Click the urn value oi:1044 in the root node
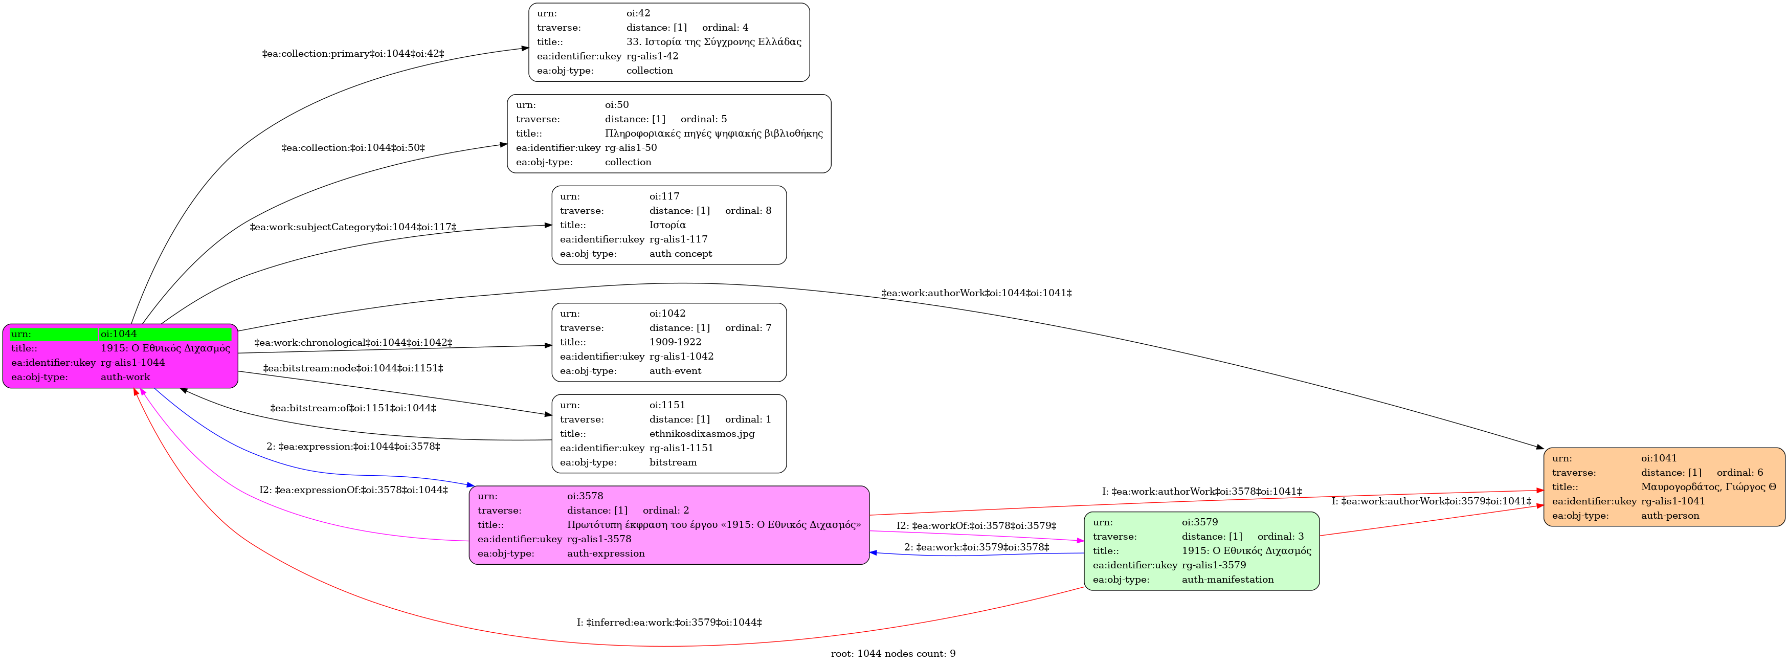click(119, 334)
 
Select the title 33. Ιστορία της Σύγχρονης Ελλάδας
click(713, 41)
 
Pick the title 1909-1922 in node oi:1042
click(675, 342)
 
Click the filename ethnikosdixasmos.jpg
click(702, 434)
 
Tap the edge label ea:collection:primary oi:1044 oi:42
click(353, 53)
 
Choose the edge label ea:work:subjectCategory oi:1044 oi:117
click(353, 227)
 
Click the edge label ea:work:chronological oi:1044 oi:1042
click(353, 343)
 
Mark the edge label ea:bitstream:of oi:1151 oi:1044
click(353, 408)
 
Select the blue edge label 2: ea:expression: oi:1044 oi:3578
click(353, 447)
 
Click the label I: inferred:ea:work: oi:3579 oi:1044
click(669, 623)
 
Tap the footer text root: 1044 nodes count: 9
click(893, 654)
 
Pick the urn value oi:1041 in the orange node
click(1659, 458)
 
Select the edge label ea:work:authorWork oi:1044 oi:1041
click(977, 293)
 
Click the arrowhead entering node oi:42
click(525, 49)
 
